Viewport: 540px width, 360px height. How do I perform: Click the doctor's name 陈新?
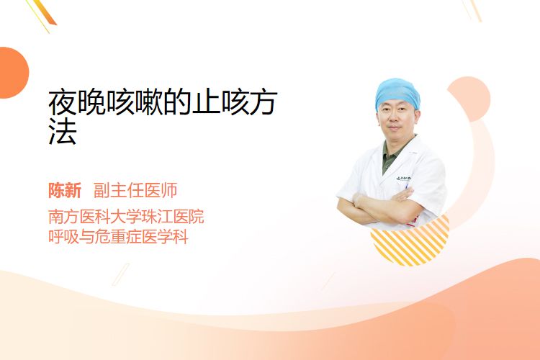[x=65, y=190]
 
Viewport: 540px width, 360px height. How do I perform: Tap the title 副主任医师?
[x=135, y=190]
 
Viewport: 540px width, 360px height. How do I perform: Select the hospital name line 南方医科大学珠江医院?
[x=126, y=216]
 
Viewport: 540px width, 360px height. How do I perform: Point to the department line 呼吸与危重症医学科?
[x=118, y=237]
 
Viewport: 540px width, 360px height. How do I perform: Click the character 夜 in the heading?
[x=63, y=103]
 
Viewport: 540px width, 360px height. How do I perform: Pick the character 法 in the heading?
[x=63, y=132]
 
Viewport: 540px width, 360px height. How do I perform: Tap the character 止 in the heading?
[x=207, y=103]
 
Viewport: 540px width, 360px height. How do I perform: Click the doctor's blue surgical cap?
[x=397, y=93]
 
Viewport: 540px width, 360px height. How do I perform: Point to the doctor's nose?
[x=395, y=120]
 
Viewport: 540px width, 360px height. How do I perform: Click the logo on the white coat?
[x=403, y=178]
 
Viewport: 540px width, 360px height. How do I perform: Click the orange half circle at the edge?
[x=13, y=73]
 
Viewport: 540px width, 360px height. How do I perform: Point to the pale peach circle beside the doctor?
[x=469, y=99]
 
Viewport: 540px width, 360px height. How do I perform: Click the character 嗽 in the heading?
[x=149, y=103]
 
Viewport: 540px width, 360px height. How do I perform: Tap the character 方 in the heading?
[x=264, y=103]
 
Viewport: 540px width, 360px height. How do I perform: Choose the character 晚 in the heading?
[x=91, y=103]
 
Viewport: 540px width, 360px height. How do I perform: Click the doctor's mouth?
[x=395, y=128]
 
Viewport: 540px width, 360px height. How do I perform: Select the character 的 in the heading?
[x=178, y=103]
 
